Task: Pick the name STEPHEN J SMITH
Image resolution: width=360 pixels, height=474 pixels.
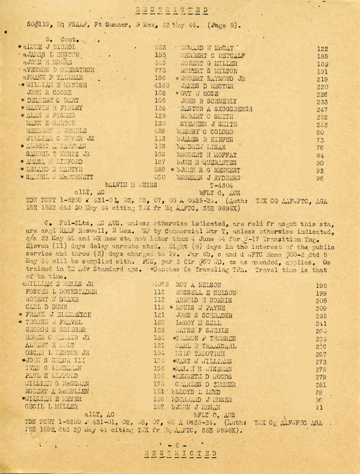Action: point(208,125)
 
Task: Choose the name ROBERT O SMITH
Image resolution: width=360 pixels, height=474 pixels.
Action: point(206,117)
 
